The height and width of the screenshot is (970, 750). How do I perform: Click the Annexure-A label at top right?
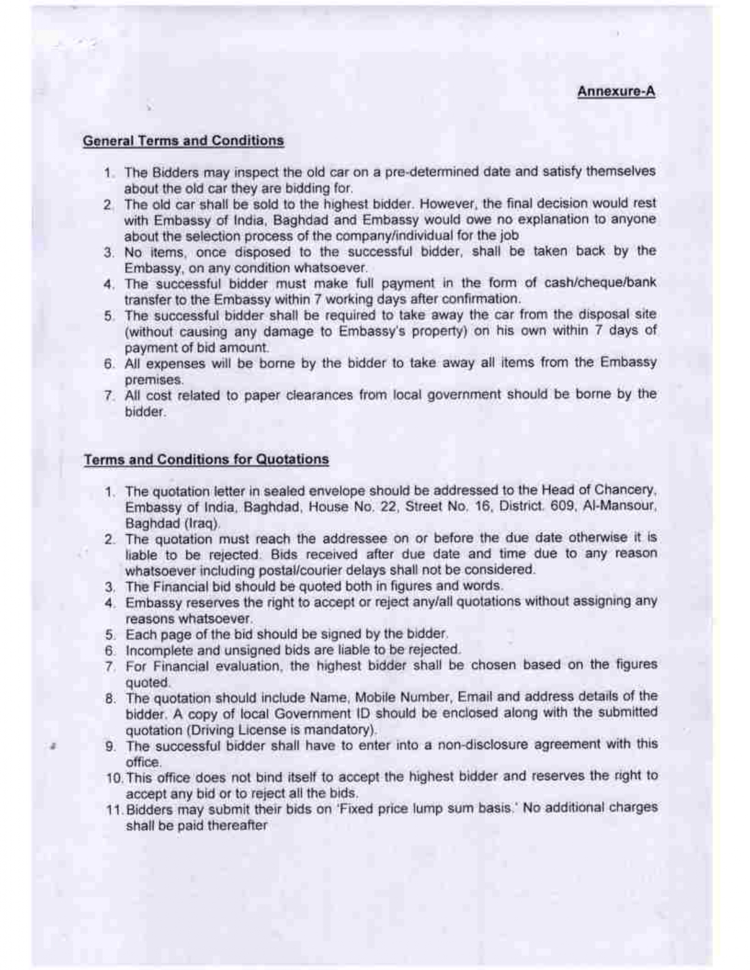coord(616,92)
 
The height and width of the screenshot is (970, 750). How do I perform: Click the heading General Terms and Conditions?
coord(184,141)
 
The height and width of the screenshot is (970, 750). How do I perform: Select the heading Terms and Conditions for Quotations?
coord(206,459)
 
